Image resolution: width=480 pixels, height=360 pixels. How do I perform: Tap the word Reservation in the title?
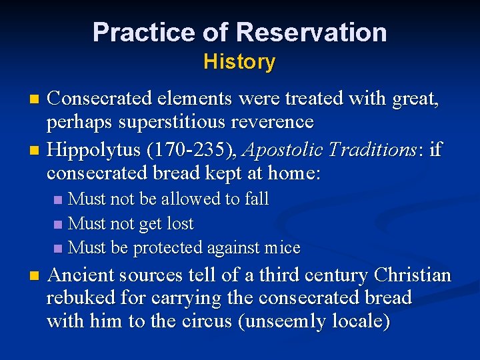(x=311, y=32)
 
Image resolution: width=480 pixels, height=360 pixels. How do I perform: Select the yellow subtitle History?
(x=239, y=62)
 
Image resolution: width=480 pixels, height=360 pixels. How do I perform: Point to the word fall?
(x=257, y=199)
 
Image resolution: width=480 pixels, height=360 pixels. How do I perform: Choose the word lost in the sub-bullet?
(x=179, y=223)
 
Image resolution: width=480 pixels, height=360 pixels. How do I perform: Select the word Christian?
(x=413, y=275)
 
